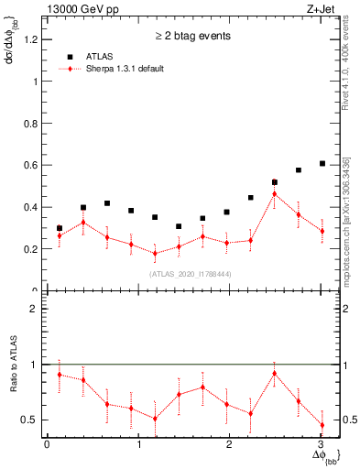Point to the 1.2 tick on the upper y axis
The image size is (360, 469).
point(35,39)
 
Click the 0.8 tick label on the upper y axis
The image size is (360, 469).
point(35,124)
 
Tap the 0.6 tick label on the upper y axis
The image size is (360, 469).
point(35,165)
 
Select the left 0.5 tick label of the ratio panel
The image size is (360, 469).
point(35,420)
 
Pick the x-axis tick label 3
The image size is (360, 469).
point(322,444)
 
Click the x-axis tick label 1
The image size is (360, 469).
point(138,444)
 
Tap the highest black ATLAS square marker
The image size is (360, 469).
point(322,163)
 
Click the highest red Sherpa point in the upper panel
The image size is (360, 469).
point(274,193)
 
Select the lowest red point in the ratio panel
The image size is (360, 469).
point(322,424)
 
